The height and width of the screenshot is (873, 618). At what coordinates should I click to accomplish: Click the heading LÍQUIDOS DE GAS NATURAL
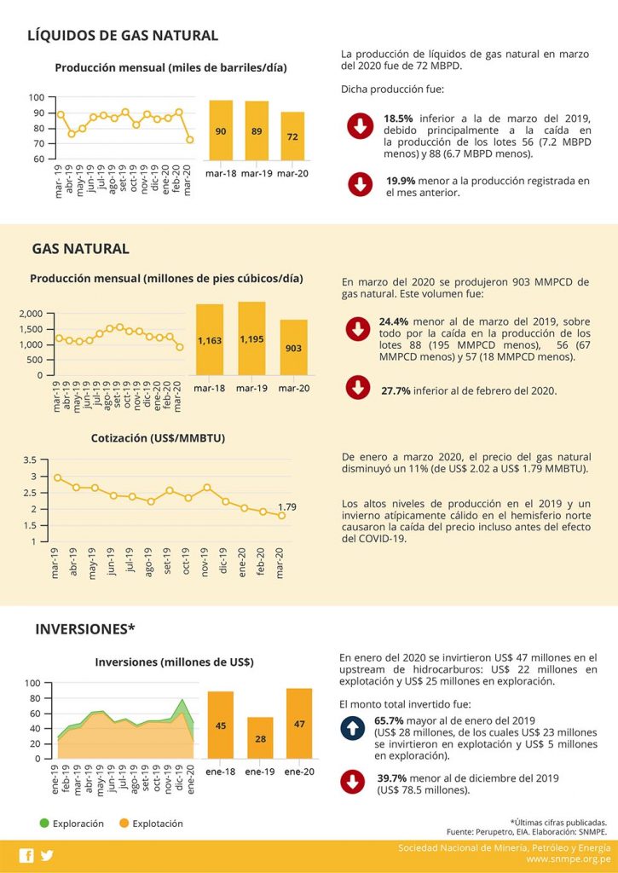click(123, 35)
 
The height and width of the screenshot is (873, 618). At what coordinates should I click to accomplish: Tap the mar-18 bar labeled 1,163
click(210, 339)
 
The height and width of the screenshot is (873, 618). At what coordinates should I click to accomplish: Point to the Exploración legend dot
click(43, 823)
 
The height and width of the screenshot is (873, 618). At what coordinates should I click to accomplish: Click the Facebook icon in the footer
click(26, 855)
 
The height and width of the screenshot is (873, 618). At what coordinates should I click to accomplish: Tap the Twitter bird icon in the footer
click(46, 855)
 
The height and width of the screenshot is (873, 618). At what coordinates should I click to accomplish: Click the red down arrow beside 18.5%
click(359, 127)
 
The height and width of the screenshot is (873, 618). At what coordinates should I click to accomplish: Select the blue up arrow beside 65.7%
click(352, 728)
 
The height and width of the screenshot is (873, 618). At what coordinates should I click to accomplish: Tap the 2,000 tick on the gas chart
click(30, 314)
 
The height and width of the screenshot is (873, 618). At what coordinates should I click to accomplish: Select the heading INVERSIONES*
click(85, 629)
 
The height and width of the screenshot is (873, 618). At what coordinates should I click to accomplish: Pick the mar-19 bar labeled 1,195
click(251, 338)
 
